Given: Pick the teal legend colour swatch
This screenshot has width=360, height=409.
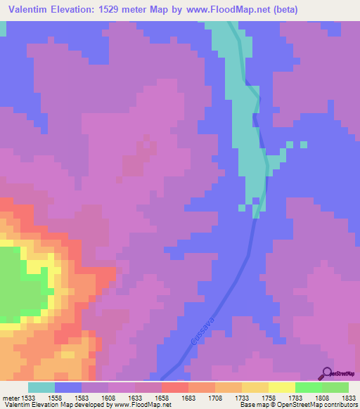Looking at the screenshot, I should point(41,387).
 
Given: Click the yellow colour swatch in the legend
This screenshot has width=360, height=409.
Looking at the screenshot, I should point(281,387).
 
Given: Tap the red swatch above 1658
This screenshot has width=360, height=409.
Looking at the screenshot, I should point(174,387).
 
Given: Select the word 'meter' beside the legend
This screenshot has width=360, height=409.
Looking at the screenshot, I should point(11,398).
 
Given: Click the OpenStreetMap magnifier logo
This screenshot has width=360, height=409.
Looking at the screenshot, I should point(326,372).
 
